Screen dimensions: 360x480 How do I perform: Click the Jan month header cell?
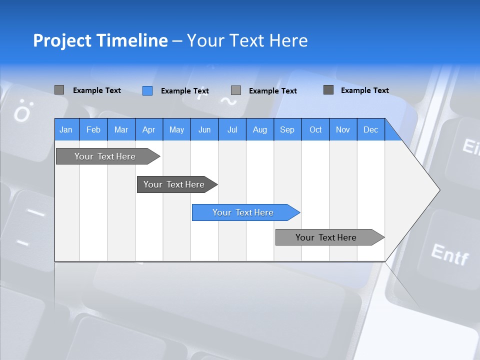click(66, 129)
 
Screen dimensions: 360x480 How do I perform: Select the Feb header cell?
click(93, 129)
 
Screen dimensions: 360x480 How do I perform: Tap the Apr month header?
click(149, 129)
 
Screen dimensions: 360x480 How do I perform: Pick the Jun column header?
click(204, 129)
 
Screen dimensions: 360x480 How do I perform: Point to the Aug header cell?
click(260, 129)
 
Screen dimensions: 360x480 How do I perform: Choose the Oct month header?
click(315, 129)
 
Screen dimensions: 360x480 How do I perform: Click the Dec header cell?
click(371, 129)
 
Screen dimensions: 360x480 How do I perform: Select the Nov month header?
click(343, 129)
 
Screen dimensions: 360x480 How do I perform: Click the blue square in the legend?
click(147, 90)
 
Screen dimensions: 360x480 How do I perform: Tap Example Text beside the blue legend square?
click(185, 91)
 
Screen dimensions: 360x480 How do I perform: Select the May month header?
click(176, 129)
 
